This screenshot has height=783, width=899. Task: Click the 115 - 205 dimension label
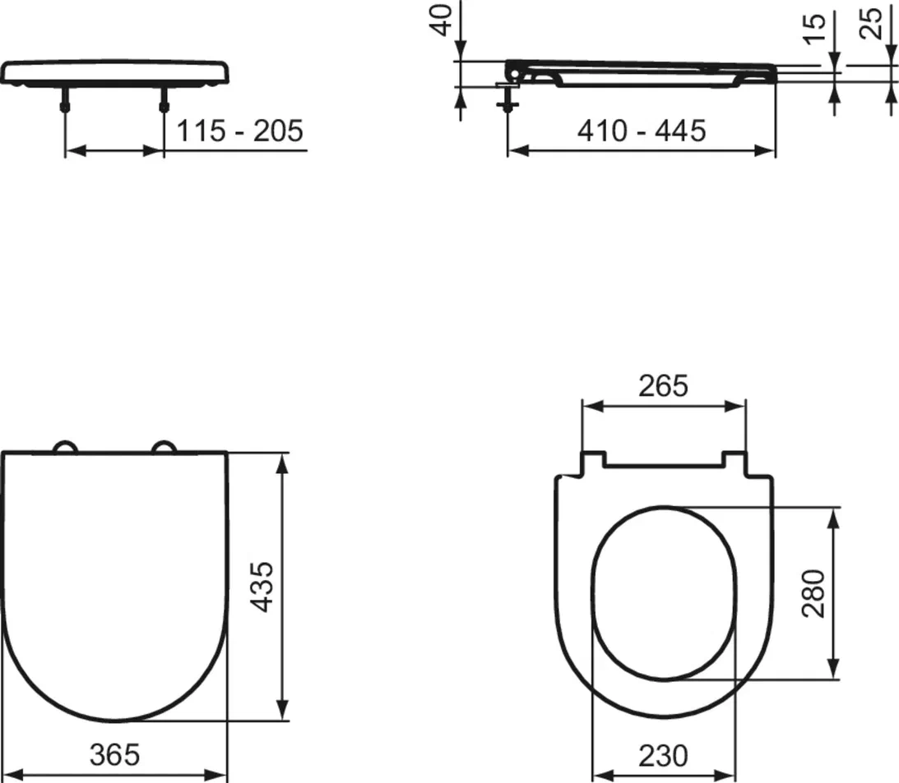[239, 131]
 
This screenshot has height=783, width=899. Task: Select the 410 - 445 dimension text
[642, 131]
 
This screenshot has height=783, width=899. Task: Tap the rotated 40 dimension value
[442, 20]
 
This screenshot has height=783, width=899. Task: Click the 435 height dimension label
[263, 587]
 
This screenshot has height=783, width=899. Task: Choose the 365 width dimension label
[114, 754]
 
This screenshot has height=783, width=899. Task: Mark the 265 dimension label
[664, 386]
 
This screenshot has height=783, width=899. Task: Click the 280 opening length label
[813, 593]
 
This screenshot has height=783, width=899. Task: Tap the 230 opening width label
[664, 756]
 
